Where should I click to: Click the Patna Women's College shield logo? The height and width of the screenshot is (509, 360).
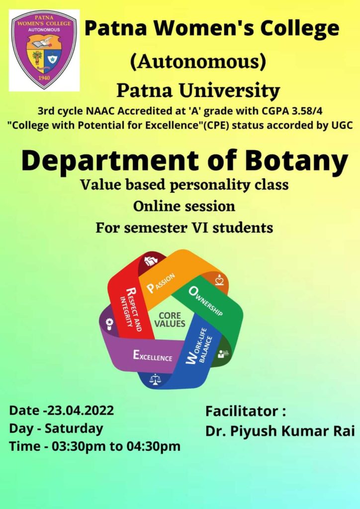pos(44,50)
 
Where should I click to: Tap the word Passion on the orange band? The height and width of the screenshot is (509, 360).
pos(161,283)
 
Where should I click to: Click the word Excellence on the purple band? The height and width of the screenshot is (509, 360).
pos(153,356)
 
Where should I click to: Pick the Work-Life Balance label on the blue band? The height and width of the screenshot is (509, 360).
pos(199,346)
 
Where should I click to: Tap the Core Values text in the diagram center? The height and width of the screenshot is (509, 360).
pos(170,320)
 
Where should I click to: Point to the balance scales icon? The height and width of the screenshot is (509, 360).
pos(155,379)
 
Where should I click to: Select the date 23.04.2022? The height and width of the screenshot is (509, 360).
pos(81,410)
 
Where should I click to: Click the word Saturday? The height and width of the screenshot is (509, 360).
pos(74,428)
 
